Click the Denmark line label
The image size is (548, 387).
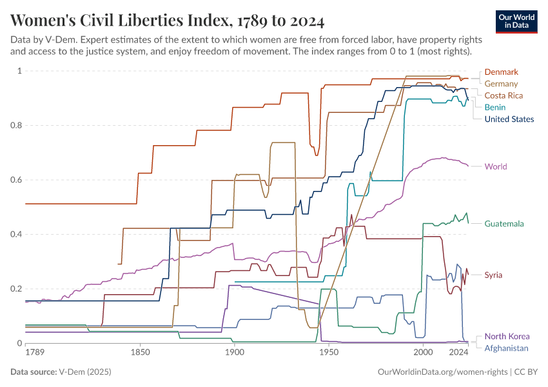point(502,72)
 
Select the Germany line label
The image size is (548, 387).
point(501,84)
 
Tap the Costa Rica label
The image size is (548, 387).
point(504,95)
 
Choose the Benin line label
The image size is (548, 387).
point(495,107)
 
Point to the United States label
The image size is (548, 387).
point(509,119)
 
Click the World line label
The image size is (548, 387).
point(496,166)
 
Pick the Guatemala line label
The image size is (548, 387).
point(504,224)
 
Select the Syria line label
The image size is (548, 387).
point(493,275)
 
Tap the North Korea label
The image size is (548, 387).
point(507,336)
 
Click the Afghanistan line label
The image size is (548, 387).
point(506,348)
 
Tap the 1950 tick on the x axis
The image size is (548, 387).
point(329,353)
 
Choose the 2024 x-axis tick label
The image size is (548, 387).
point(458,353)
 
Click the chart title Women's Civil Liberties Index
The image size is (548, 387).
point(168,21)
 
